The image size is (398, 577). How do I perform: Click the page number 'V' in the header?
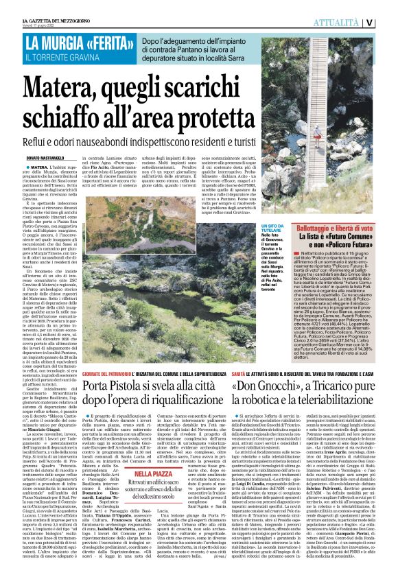point(388,22)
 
